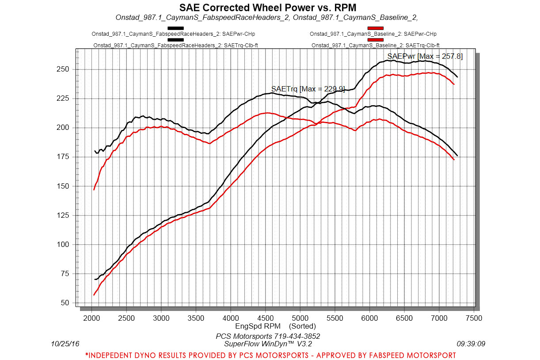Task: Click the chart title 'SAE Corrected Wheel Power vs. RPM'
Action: [267, 8]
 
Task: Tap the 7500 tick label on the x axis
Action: [474, 318]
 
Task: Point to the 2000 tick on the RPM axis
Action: [91, 318]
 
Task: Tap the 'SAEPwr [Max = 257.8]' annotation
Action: [425, 56]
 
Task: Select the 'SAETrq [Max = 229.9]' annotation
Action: [308, 89]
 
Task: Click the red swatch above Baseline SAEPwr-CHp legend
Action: [375, 28]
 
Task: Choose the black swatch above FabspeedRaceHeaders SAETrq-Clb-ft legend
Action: [175, 40]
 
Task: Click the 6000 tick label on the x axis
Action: [369, 318]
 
